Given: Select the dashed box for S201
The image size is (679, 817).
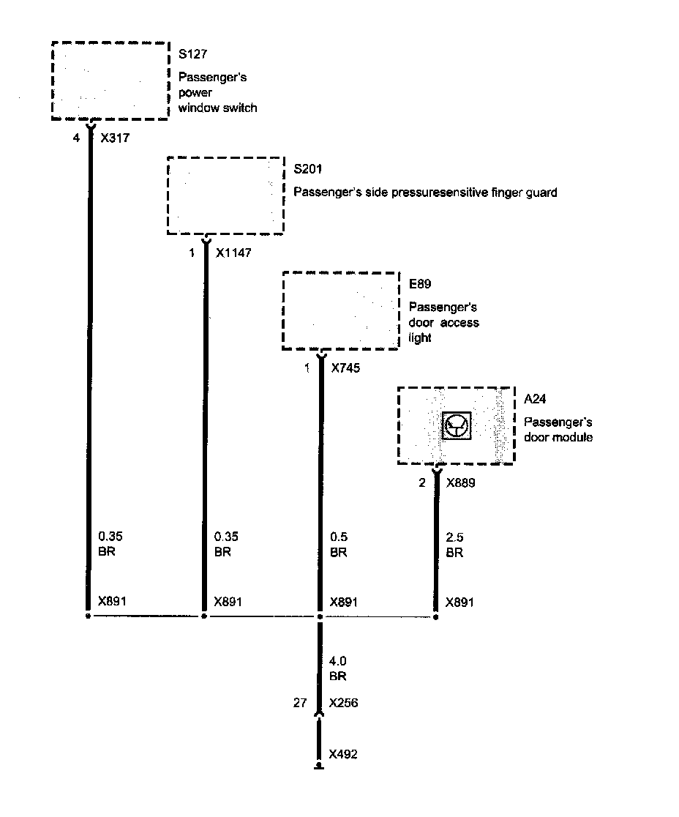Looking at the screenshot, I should coord(225,195).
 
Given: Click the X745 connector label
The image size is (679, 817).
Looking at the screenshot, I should coord(345,368).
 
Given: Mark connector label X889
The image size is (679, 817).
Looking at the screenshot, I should coord(461,483).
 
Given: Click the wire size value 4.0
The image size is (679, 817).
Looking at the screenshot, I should coord(338,661).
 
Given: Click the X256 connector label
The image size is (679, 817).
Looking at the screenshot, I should coord(344,703).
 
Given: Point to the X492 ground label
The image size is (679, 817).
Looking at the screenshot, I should coord(344,754).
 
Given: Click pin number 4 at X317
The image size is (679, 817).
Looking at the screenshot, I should coord(76,137).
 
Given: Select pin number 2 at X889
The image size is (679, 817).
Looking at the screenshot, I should coord(421,483).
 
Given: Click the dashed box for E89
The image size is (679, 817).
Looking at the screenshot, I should coord(341,311).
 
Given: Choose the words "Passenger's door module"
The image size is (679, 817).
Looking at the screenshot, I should coord(558,430).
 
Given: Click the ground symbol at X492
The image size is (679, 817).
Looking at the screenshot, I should coord(319,766).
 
